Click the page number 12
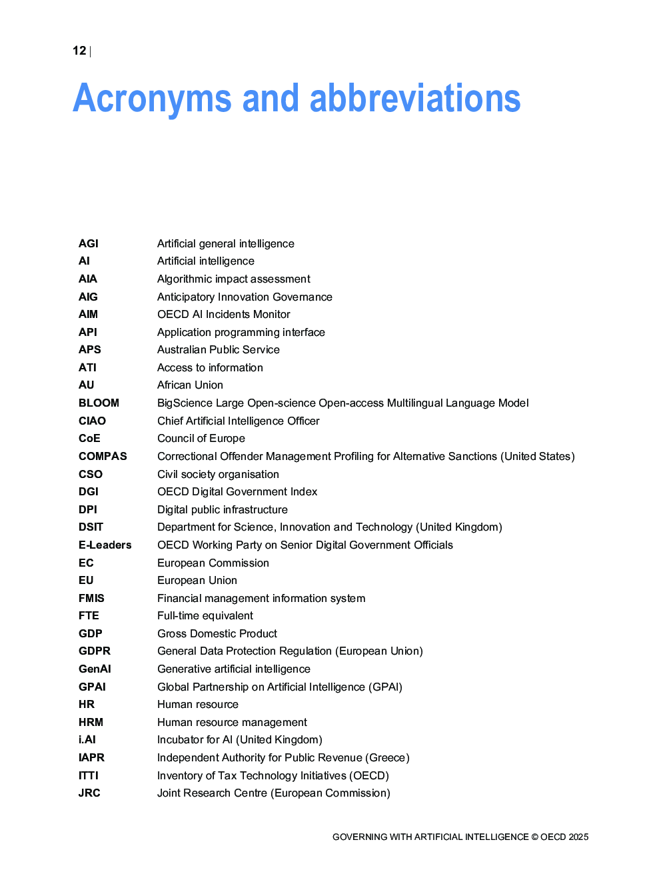pyautogui.click(x=79, y=51)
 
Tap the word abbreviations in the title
pyautogui.click(x=414, y=99)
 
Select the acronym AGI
pyautogui.click(x=89, y=243)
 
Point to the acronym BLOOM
pyautogui.click(x=99, y=403)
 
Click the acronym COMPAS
pyautogui.click(x=103, y=456)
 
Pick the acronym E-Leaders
pyautogui.click(x=105, y=545)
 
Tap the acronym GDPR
pyautogui.click(x=95, y=651)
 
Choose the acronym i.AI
pyautogui.click(x=87, y=739)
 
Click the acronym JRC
pyautogui.click(x=89, y=793)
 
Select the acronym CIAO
pyautogui.click(x=92, y=421)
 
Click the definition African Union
pyautogui.click(x=190, y=385)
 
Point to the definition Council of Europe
pyautogui.click(x=201, y=438)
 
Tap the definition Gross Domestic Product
pyautogui.click(x=217, y=633)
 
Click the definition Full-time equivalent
pyautogui.click(x=205, y=615)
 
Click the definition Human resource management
pyautogui.click(x=232, y=722)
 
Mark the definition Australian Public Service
pyautogui.click(x=219, y=349)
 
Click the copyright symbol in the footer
pyautogui.click(x=534, y=837)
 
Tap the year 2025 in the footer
pyautogui.click(x=578, y=837)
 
